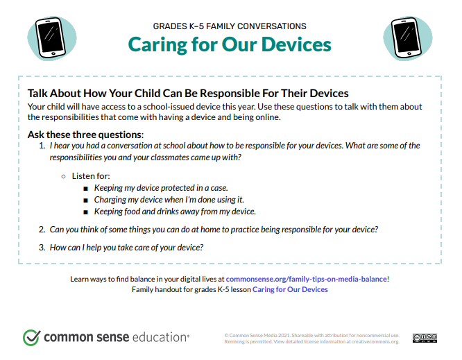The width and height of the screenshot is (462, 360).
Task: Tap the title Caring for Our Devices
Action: (x=230, y=45)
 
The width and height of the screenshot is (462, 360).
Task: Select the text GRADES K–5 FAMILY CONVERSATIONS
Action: (x=230, y=26)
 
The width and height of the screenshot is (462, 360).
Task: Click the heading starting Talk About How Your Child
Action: (x=187, y=93)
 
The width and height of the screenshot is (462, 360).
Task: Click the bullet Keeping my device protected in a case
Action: (x=161, y=188)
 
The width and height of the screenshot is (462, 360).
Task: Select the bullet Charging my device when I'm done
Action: (x=159, y=200)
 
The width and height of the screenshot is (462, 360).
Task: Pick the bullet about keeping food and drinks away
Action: (x=175, y=212)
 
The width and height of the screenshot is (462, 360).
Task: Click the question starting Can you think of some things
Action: (x=214, y=230)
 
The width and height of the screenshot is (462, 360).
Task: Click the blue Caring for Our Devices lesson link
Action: (x=290, y=289)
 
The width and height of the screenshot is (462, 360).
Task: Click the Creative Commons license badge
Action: (x=425, y=338)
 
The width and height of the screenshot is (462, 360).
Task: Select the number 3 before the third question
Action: (x=42, y=248)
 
